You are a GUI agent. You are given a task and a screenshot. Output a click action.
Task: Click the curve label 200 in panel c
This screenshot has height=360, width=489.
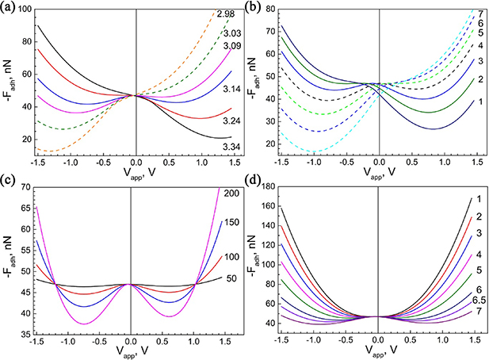pyautogui.click(x=232, y=193)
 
